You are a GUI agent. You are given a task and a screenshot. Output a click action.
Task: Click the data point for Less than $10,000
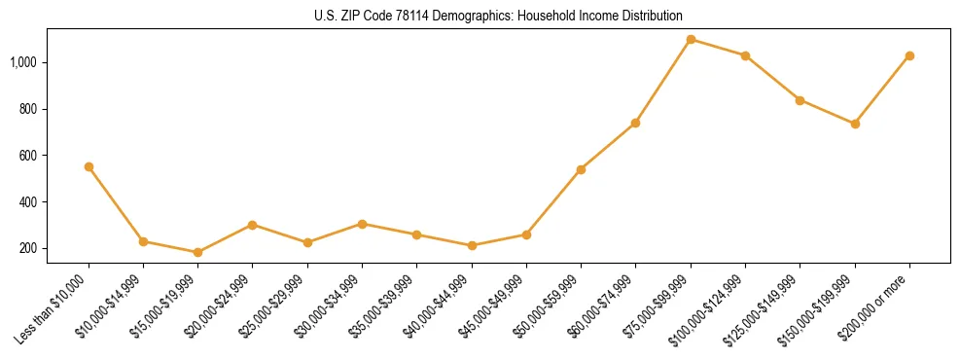coord(89,166)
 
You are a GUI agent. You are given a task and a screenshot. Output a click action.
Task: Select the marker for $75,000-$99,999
coord(691,39)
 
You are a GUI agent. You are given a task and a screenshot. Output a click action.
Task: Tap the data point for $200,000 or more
coord(909,55)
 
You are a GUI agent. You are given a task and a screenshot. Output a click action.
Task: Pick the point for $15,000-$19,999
coord(197,252)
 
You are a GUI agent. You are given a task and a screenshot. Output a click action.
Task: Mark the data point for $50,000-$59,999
coord(581,169)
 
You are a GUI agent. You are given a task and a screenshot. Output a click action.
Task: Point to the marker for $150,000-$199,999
coord(855,124)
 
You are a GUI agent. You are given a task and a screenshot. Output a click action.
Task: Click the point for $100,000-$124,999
coord(745,55)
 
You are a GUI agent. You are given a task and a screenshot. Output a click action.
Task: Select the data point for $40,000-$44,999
coord(472,245)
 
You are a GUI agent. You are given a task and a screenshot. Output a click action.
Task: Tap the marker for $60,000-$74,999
coord(635,123)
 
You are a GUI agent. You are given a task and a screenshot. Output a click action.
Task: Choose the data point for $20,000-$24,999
coord(253,225)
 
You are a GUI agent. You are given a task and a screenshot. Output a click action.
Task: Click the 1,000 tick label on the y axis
coord(23,62)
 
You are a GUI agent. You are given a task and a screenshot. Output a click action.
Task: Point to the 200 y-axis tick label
coord(28,248)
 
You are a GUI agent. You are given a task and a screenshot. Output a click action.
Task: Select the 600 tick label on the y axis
coord(28,156)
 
